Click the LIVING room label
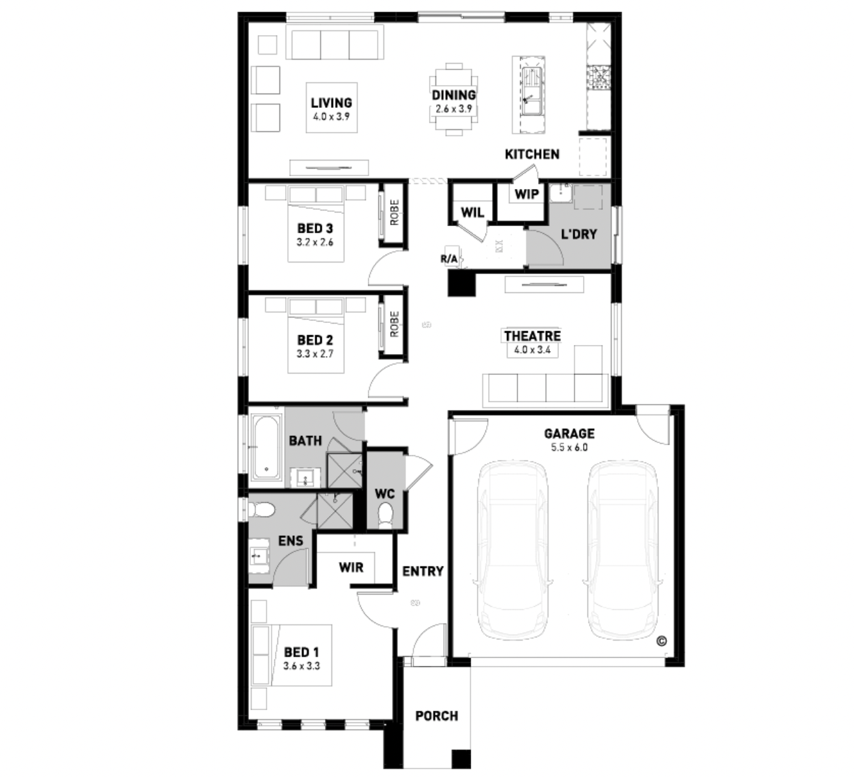coord(331,103)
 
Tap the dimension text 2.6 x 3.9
coord(454,109)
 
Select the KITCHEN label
coord(532,154)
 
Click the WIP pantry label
coord(526,194)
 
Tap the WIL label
coord(472,212)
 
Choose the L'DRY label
coord(579,234)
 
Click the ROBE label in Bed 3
coord(395,213)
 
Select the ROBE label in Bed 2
coord(395,324)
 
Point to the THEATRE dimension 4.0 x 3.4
coord(532,350)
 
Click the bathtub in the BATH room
coord(266,446)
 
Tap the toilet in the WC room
coord(385,516)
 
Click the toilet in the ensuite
coord(261,509)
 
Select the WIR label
coord(351,568)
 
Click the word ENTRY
coord(423,571)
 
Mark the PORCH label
coord(437,716)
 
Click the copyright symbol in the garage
coord(662,641)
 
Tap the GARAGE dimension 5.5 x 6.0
coord(569,448)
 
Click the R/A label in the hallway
coord(448,259)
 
